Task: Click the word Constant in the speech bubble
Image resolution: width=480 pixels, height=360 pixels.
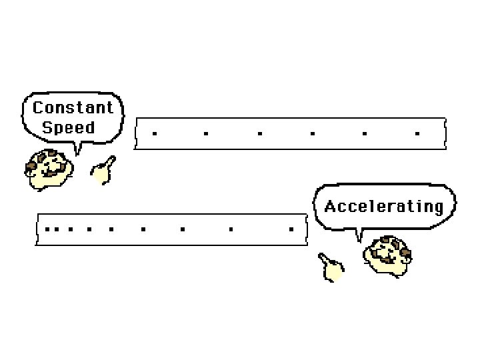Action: (73, 107)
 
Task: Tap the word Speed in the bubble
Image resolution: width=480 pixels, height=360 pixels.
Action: (69, 127)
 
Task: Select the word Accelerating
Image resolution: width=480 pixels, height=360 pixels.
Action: (384, 207)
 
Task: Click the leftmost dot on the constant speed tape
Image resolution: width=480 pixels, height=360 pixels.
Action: (155, 133)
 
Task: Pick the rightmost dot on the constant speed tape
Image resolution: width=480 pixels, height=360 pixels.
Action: (417, 133)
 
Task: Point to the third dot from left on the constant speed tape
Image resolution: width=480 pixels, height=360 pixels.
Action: (259, 133)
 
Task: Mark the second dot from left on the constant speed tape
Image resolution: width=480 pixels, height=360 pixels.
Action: (206, 133)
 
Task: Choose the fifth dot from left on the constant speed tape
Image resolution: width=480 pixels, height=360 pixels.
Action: (364, 133)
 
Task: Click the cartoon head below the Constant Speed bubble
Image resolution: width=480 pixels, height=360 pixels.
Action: (47, 170)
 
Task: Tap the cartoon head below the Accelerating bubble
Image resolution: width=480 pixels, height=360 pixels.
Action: (389, 255)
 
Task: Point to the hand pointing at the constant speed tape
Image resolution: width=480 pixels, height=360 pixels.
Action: (102, 171)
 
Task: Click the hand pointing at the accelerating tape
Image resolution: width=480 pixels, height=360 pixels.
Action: (331, 267)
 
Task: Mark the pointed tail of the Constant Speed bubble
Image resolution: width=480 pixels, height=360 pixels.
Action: (77, 151)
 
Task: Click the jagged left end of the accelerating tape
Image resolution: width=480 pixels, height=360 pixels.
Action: (37, 229)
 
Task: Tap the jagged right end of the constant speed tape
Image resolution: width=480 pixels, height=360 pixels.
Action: (443, 133)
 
